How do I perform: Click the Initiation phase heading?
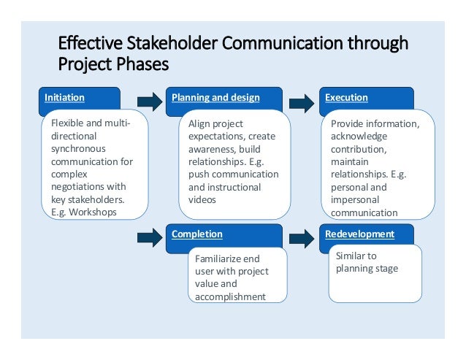pos(64,98)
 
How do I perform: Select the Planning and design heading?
pos(215,98)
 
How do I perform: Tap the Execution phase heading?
pos(346,98)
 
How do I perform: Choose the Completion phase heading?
pos(196,234)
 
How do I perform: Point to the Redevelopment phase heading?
pos(359,234)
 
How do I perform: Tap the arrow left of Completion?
pos(150,237)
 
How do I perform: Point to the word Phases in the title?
pos(142,64)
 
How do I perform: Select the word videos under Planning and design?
pos(202,199)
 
